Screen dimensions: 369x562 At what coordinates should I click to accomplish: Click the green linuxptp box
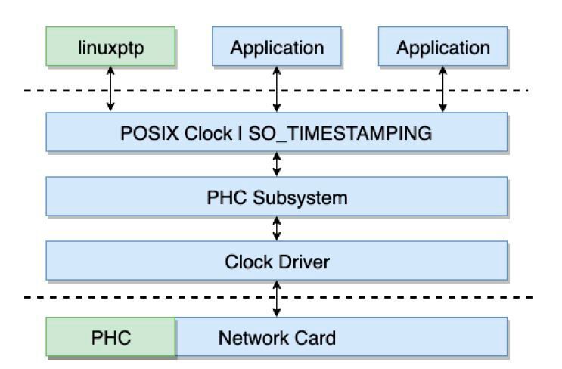(110, 48)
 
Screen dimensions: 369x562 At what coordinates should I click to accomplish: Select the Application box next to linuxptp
(277, 48)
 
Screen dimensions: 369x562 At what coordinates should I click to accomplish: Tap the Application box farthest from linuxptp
(443, 48)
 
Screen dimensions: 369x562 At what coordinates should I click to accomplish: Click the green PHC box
(110, 336)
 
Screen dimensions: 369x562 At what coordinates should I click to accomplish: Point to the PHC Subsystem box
(277, 197)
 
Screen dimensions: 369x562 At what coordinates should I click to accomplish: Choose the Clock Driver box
(277, 262)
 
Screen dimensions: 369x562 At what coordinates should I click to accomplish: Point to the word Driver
(305, 262)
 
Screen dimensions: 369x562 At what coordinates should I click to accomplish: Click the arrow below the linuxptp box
(110, 89)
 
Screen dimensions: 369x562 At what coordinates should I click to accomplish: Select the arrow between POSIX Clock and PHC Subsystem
(277, 165)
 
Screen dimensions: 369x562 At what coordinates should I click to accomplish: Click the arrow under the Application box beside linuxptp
(277, 89)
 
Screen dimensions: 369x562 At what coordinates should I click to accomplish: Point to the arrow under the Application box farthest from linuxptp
(443, 89)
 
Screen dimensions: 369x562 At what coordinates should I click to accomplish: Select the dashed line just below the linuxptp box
(189, 91)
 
